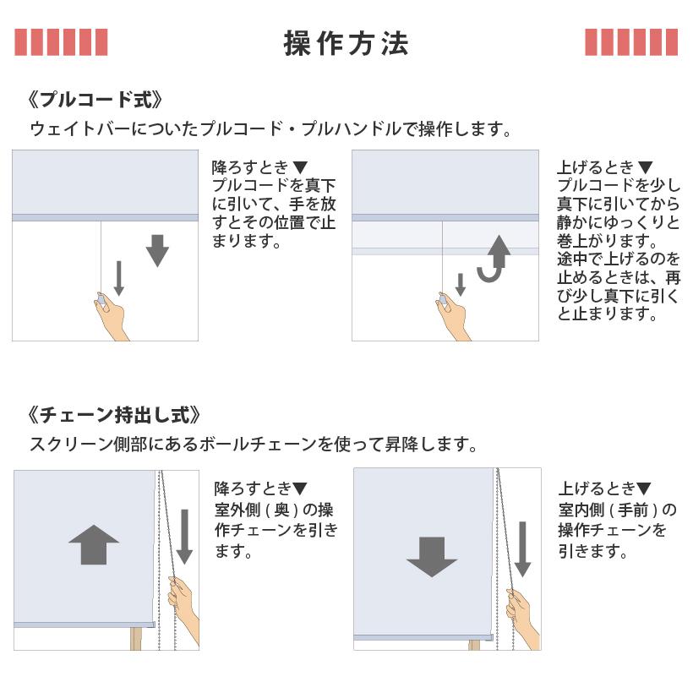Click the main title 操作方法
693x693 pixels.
(x=346, y=43)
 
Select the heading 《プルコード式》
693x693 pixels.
(x=95, y=100)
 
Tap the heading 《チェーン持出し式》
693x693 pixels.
(x=113, y=416)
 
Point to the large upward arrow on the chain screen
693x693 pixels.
(x=94, y=544)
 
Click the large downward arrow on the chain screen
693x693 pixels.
(x=432, y=557)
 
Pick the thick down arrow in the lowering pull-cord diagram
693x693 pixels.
(x=157, y=251)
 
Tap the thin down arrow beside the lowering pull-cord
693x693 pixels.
(x=118, y=278)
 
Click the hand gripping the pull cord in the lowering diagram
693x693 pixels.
(x=111, y=315)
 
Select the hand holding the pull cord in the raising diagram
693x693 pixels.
(x=453, y=315)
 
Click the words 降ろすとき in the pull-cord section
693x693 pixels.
(x=249, y=167)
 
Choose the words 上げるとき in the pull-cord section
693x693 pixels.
(x=595, y=167)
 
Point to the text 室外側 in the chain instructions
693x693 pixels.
(x=237, y=510)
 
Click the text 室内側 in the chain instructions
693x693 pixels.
(x=581, y=510)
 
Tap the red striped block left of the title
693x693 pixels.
(x=61, y=42)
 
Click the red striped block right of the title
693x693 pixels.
(x=631, y=42)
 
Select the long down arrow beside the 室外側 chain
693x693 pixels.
(x=184, y=537)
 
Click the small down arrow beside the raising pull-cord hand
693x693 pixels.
(x=461, y=285)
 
